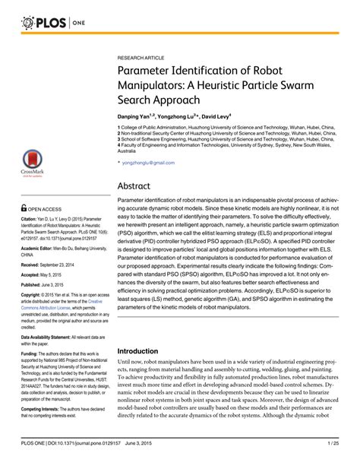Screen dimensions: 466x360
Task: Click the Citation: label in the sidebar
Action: click(32, 220)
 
